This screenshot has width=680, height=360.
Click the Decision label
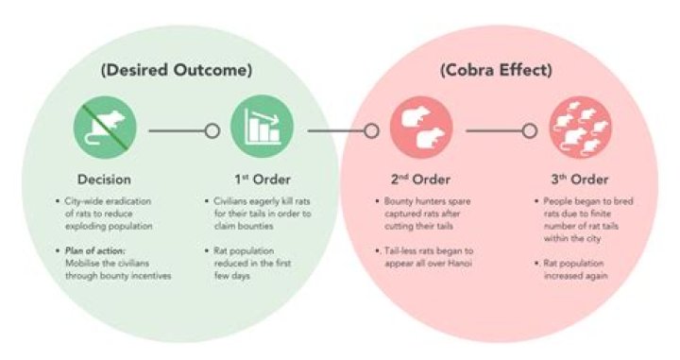[105, 179]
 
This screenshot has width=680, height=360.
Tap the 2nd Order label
[420, 179]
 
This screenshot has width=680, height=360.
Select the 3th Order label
[579, 179]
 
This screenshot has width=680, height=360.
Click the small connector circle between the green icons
[212, 130]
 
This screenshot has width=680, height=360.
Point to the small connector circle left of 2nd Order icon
[372, 130]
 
